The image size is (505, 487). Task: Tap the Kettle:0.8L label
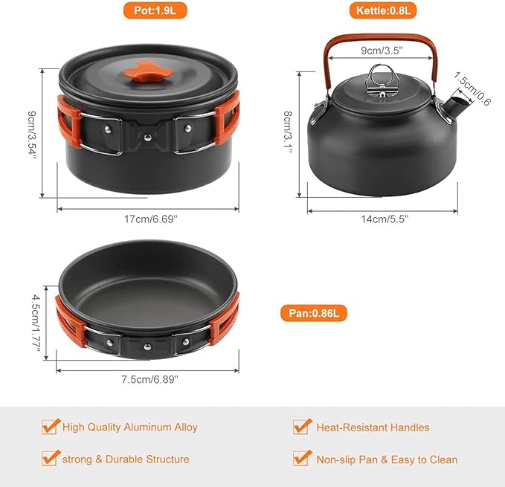click(x=382, y=11)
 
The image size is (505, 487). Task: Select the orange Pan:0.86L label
click(x=314, y=313)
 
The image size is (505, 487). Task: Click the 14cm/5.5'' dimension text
click(x=382, y=219)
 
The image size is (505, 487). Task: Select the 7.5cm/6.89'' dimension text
click(x=149, y=379)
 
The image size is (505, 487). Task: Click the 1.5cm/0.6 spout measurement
click(x=472, y=92)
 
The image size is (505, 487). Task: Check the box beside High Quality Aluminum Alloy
click(x=51, y=427)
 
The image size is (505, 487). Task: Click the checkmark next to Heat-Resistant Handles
click(x=302, y=427)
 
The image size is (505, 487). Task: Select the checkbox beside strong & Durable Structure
click(x=51, y=458)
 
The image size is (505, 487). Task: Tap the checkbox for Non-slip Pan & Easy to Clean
click(x=302, y=458)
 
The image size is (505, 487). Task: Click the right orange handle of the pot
click(x=228, y=119)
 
